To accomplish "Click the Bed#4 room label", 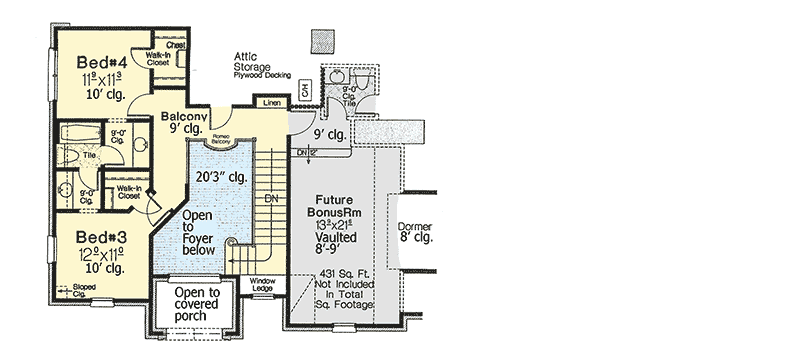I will [100, 62].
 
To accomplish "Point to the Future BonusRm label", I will [339, 207].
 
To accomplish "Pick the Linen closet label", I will [270, 102].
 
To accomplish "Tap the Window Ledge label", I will [262, 284].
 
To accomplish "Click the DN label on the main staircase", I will [271, 198].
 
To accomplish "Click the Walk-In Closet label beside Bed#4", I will [156, 59].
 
